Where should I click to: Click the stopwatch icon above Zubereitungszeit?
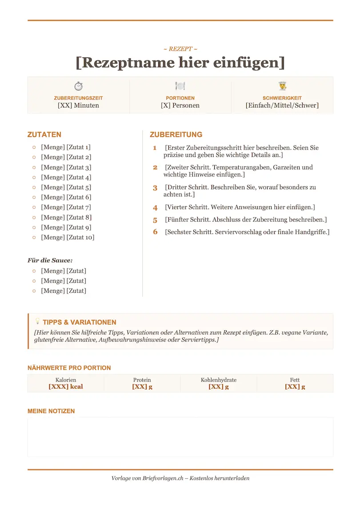[x=78, y=86]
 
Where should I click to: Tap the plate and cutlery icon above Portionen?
[x=180, y=86]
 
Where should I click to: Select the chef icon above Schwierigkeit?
[x=282, y=86]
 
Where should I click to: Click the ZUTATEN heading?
[x=44, y=135]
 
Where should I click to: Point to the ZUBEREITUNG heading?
[x=176, y=135]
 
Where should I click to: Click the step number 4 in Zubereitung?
[x=155, y=207]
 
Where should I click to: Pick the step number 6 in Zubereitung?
[x=155, y=232]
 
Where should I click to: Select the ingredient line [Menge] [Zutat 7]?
[x=66, y=207]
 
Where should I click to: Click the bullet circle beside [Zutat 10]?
[x=34, y=238]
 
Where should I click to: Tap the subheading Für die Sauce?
[x=50, y=260]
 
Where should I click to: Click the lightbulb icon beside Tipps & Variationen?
[x=37, y=321]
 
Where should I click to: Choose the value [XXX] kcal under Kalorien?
[x=66, y=387]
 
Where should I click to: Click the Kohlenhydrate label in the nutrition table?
[x=219, y=380]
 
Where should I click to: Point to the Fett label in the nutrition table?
[x=295, y=380]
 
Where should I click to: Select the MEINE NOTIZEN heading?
[x=51, y=411]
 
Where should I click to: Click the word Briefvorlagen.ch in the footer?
[x=163, y=478]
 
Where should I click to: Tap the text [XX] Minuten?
[x=78, y=106]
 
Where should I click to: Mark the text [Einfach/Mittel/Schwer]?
[x=282, y=106]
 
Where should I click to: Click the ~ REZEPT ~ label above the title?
[x=180, y=49]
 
